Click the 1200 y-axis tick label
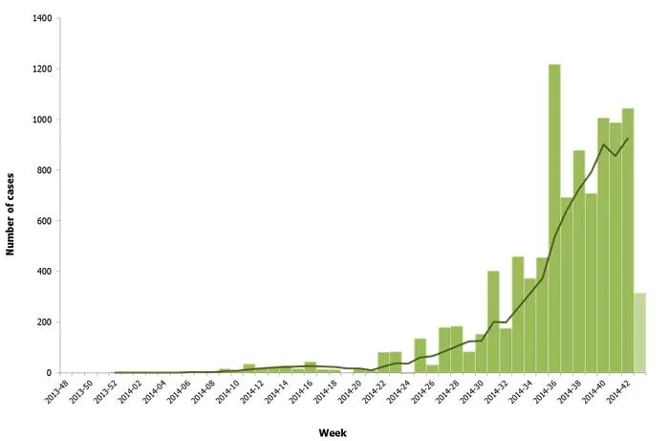[x=40, y=70]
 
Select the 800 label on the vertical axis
[x=43, y=170]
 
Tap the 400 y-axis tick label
[x=43, y=272]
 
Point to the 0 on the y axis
[x=49, y=373]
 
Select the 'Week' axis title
[x=334, y=432]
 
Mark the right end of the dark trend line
[x=628, y=139]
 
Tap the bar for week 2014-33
[x=518, y=315]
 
